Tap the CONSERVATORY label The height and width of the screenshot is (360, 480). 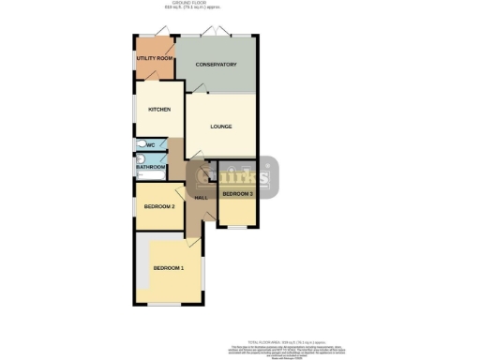[216, 65]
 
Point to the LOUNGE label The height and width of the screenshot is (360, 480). [220, 127]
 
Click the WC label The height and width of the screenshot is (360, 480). [150, 145]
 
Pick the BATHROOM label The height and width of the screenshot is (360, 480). [151, 167]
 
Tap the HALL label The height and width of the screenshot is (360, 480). [201, 198]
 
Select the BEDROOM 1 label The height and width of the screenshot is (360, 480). [169, 268]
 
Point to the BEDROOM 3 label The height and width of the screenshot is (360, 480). [238, 194]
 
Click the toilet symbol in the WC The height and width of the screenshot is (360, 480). [140, 145]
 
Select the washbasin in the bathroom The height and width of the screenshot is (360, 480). [138, 161]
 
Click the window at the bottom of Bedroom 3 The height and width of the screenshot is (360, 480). [237, 228]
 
